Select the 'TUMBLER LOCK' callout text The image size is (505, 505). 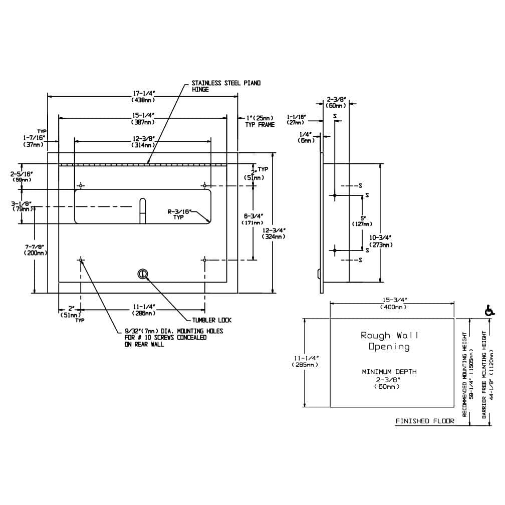(x=212, y=320)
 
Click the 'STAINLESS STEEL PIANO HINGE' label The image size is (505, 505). (x=226, y=86)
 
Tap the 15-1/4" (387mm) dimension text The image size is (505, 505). (x=142, y=119)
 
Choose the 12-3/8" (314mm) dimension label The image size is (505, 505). (x=143, y=141)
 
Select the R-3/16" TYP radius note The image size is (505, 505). (x=179, y=214)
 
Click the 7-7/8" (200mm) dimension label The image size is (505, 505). (x=35, y=249)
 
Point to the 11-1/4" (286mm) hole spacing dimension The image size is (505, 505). (x=143, y=310)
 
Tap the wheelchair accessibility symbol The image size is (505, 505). (x=489, y=311)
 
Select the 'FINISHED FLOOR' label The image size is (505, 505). (x=425, y=421)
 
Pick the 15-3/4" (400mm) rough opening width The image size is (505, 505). (x=392, y=303)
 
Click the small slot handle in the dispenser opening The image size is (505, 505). (x=142, y=210)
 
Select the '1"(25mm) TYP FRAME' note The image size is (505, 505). (x=260, y=121)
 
